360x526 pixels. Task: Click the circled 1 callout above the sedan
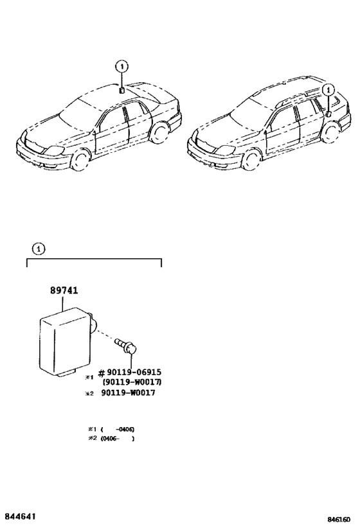(x=122, y=66)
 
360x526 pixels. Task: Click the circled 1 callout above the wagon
(x=328, y=90)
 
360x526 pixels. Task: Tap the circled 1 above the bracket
(x=39, y=249)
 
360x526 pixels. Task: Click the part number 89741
(x=64, y=290)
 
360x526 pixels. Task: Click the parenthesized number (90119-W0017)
(x=132, y=382)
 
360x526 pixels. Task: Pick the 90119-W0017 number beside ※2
(x=128, y=393)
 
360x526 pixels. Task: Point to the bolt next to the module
(x=126, y=347)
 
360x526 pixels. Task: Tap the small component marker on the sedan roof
(x=122, y=91)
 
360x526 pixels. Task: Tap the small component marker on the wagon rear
(x=328, y=113)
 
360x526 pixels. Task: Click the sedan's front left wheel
(x=79, y=160)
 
